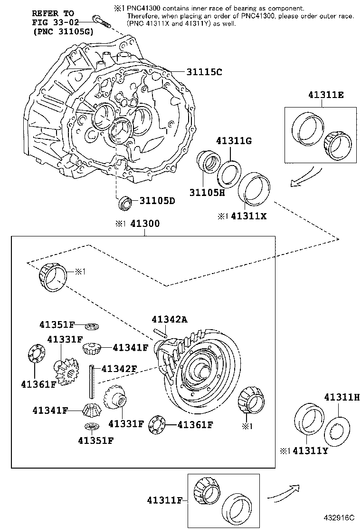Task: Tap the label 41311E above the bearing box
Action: pos(320,95)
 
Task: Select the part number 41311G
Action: pos(233,141)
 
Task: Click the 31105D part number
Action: pos(157,200)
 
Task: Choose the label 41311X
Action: pos(249,216)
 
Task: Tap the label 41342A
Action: pos(170,319)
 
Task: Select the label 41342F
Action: pos(119,368)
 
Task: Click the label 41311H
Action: pos(342,397)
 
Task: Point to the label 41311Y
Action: pos(311,451)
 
